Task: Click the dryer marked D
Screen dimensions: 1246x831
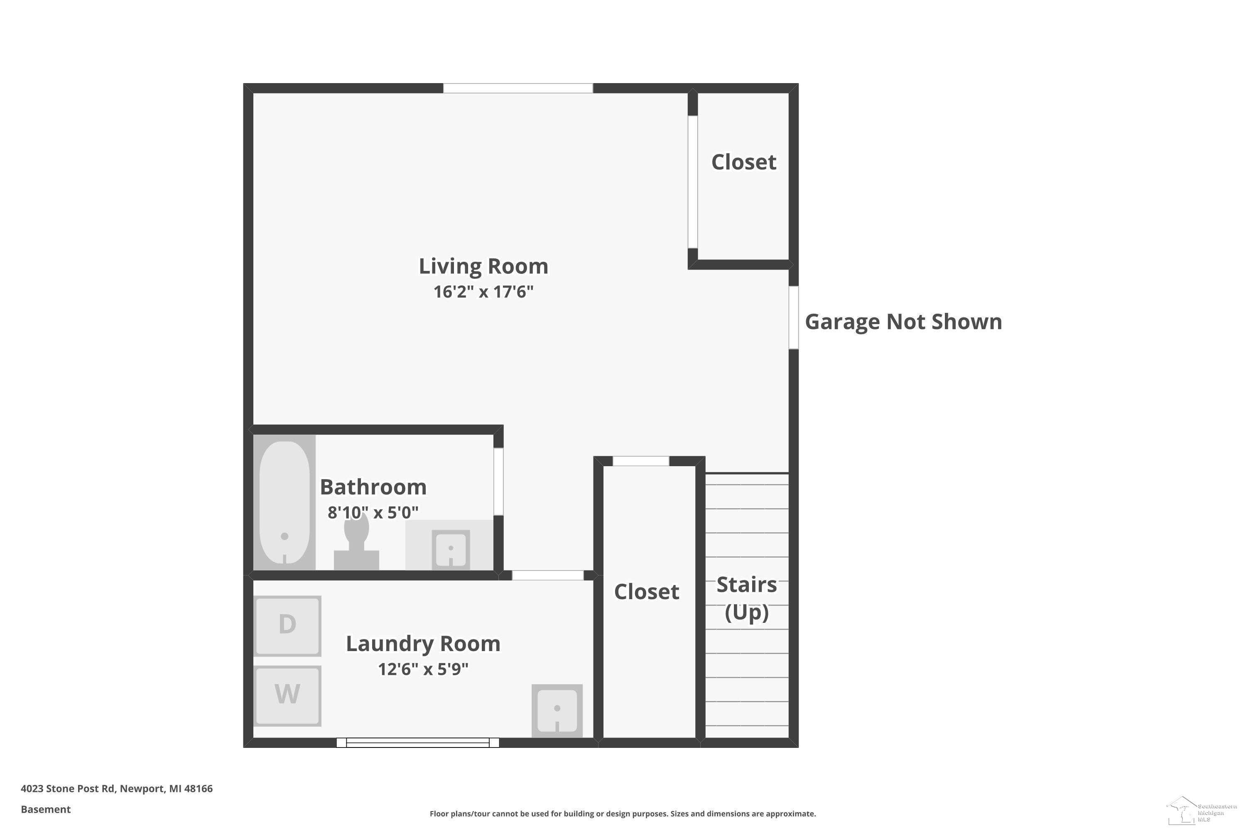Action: (x=287, y=626)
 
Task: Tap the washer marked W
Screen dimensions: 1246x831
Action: (x=287, y=695)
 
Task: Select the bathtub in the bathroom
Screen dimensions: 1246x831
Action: (x=285, y=502)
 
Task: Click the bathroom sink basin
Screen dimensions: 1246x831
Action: (x=450, y=549)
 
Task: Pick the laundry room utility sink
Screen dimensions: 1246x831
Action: (x=557, y=711)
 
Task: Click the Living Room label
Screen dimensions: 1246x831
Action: (x=483, y=266)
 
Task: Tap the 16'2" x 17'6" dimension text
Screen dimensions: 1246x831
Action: (x=483, y=292)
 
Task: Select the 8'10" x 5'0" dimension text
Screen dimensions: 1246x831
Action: (x=373, y=512)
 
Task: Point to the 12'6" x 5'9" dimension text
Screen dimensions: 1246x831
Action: (x=423, y=669)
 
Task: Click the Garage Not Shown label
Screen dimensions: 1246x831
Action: (x=903, y=322)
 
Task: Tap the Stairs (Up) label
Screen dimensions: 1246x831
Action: (x=746, y=598)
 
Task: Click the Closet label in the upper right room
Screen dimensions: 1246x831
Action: (x=743, y=162)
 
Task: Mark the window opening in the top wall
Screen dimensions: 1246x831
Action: (x=518, y=88)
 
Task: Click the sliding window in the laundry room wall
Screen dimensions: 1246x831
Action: (x=417, y=742)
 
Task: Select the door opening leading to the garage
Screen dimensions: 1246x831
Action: (x=794, y=317)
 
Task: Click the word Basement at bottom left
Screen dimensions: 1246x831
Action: (x=46, y=809)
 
